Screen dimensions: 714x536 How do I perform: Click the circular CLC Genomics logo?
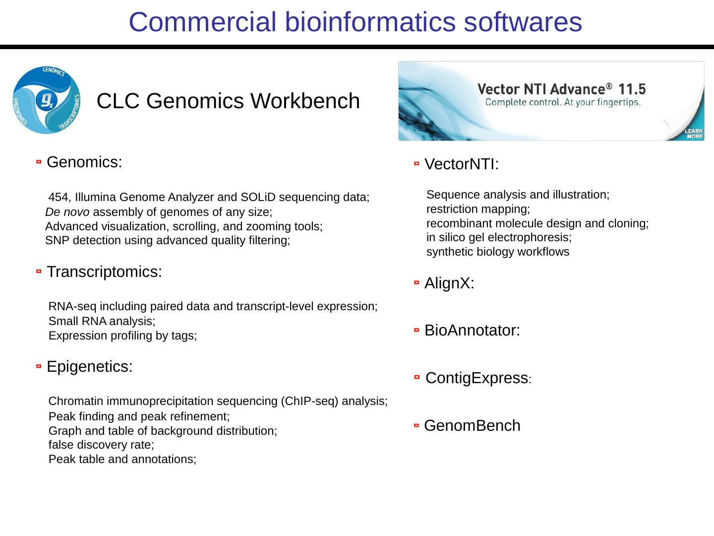47,100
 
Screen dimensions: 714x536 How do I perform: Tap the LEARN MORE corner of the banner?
694,134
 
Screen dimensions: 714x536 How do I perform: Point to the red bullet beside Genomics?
39,162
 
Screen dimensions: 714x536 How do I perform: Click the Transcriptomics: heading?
104,272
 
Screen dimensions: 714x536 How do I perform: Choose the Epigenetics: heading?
89,367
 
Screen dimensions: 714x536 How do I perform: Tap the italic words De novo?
67,212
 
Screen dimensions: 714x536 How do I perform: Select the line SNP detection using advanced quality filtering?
168,241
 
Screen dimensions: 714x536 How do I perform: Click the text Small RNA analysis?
102,321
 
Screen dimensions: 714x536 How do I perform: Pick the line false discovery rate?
101,445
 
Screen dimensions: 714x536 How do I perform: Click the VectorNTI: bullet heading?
462,164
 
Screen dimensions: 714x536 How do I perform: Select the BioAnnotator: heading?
472,331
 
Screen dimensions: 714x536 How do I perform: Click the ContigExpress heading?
476,378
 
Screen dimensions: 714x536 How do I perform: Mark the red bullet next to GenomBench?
416,426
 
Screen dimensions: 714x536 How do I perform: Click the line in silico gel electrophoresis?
499,237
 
